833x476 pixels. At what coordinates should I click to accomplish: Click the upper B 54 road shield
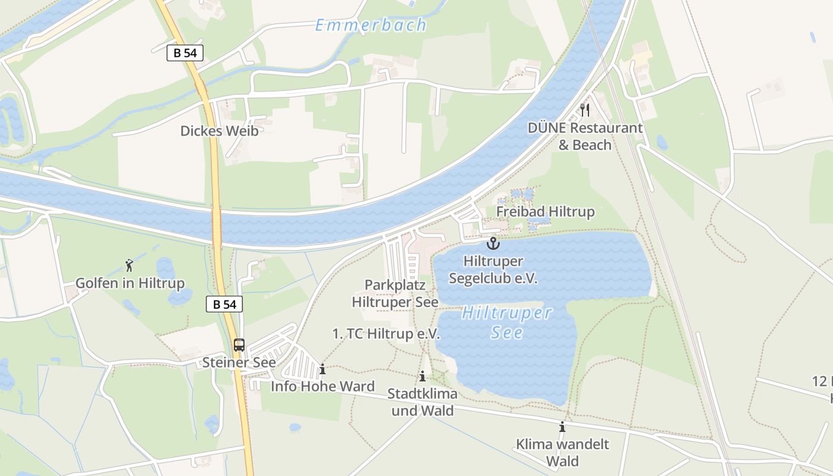(x=185, y=53)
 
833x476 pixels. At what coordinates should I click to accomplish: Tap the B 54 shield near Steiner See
(x=224, y=304)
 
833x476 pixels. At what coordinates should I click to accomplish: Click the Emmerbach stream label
(x=371, y=25)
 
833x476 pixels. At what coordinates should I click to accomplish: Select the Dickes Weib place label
(x=220, y=131)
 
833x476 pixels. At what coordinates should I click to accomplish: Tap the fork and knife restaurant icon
(x=585, y=109)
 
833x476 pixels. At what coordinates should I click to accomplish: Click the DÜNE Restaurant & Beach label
(x=585, y=136)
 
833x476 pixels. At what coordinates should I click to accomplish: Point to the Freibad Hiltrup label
(x=545, y=212)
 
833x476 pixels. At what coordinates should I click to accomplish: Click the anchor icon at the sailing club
(x=493, y=243)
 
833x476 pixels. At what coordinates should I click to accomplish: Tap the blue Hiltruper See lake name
(x=507, y=322)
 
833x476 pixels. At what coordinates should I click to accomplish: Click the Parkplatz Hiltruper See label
(x=395, y=293)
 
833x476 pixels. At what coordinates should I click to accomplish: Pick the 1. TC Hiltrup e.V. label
(x=386, y=334)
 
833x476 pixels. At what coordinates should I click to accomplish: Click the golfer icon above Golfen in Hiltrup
(x=129, y=265)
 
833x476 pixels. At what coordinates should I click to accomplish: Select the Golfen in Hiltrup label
(x=130, y=283)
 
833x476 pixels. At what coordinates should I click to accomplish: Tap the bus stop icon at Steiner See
(x=239, y=345)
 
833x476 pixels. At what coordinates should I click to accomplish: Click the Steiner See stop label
(x=239, y=362)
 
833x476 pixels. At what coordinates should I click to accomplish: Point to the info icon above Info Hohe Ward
(x=322, y=369)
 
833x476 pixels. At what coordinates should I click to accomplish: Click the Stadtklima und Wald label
(x=422, y=402)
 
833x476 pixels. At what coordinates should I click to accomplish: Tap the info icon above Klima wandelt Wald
(x=562, y=427)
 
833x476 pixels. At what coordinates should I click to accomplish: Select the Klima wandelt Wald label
(x=562, y=452)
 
